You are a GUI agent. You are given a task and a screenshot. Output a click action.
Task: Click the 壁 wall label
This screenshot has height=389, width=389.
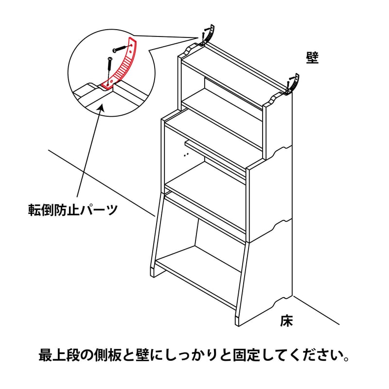click(x=312, y=58)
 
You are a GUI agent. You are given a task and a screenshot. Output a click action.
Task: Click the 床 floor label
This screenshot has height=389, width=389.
click(x=286, y=321)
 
